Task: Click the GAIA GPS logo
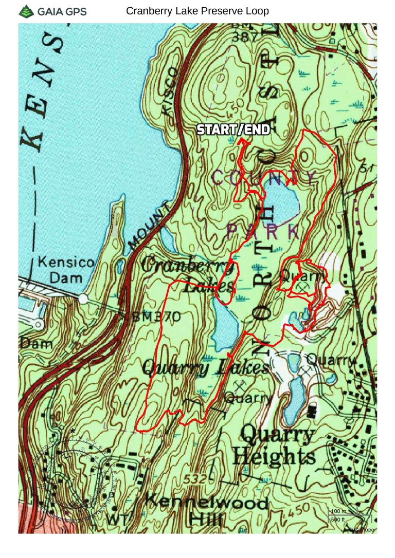point(52,11)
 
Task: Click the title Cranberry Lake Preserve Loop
point(197,11)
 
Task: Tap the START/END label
point(234,130)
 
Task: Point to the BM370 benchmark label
point(156,317)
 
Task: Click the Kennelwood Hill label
point(206,509)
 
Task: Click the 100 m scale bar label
point(338,511)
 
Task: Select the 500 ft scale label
point(338,519)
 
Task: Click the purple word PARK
point(262,232)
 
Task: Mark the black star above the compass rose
point(73,431)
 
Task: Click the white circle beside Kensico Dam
point(83,299)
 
